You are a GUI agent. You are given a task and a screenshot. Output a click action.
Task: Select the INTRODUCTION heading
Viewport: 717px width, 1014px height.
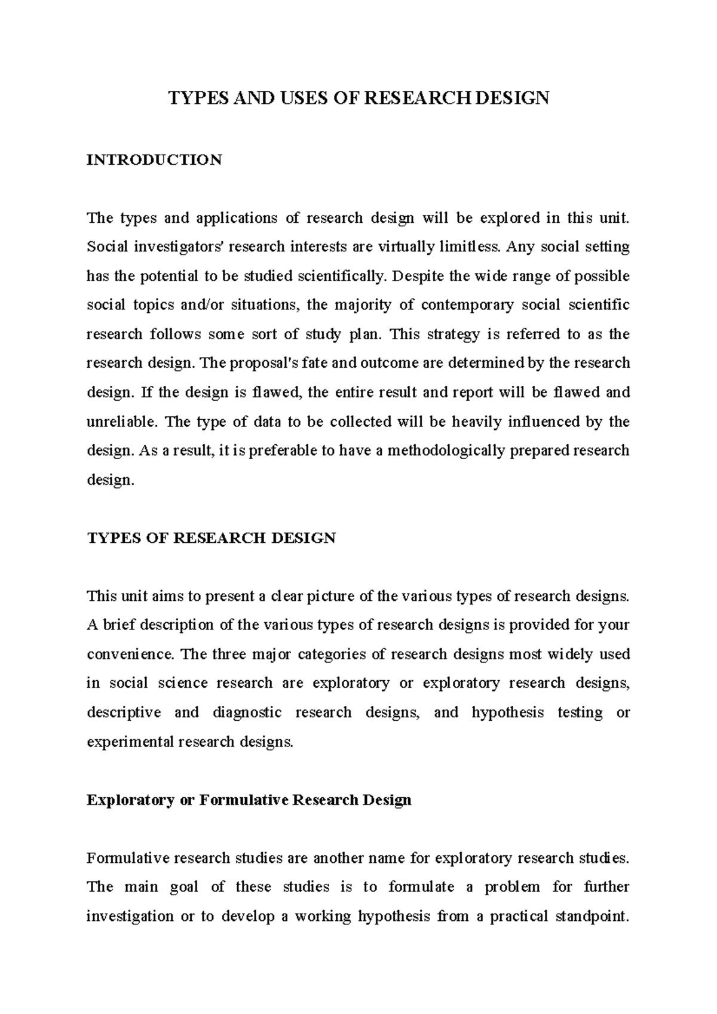point(154,160)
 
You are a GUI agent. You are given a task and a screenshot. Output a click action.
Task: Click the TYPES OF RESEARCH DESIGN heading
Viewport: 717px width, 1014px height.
point(211,538)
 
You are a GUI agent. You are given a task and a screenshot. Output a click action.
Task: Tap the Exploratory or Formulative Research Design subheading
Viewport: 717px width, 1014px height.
point(249,800)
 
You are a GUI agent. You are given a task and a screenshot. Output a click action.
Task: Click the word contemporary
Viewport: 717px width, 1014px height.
point(467,305)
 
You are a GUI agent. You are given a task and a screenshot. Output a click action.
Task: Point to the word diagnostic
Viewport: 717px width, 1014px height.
point(247,713)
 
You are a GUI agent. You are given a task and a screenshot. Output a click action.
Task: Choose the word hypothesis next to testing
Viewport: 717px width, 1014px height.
point(507,713)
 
